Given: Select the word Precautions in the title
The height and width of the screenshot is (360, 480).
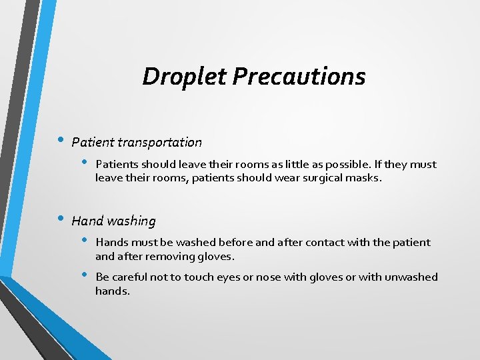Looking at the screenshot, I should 299,76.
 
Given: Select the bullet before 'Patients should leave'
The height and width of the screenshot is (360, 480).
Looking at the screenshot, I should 84,163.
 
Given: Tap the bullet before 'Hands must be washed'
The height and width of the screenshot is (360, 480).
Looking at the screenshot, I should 84,241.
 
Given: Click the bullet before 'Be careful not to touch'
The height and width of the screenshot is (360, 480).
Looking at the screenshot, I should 84,275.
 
